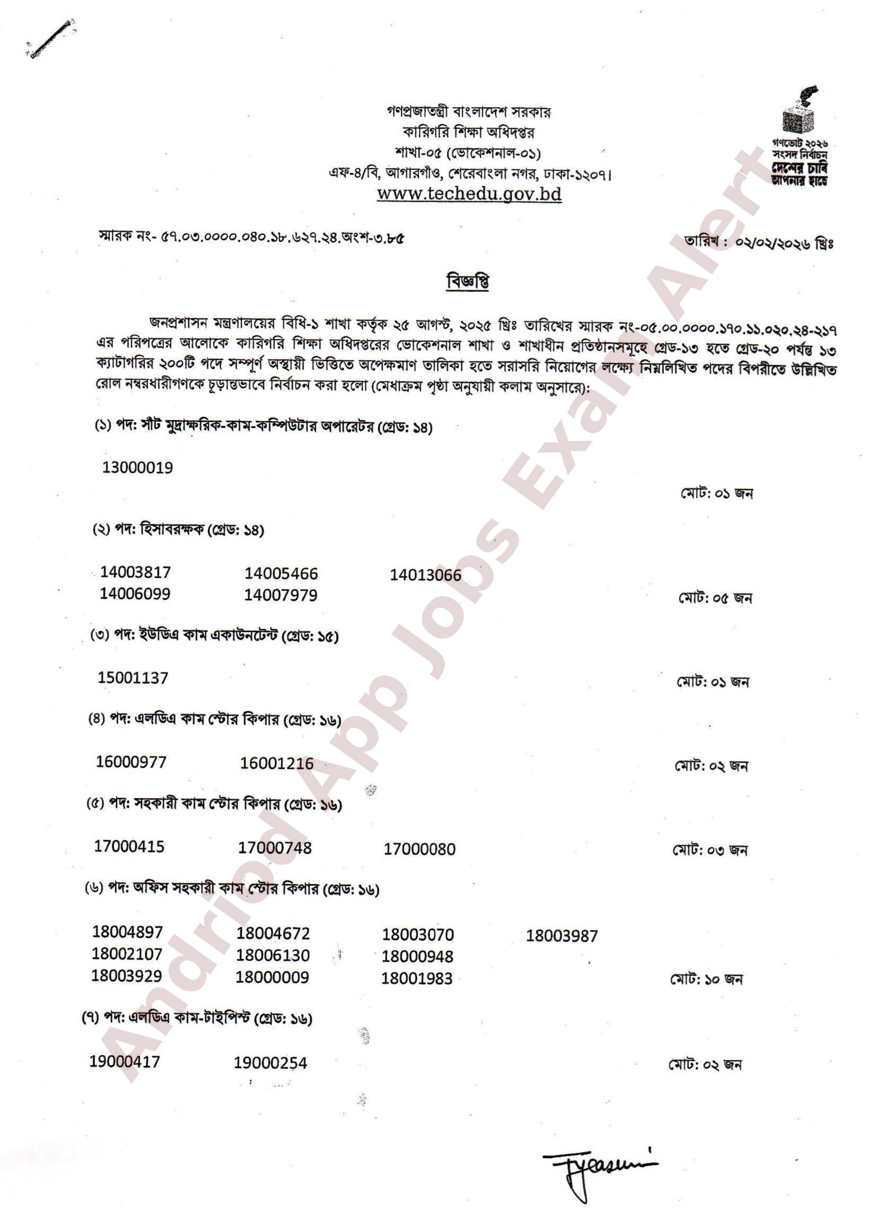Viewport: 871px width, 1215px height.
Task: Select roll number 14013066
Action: pos(425,575)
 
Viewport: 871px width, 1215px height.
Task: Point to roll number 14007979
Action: pos(280,595)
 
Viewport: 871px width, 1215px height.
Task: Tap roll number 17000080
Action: pos(419,849)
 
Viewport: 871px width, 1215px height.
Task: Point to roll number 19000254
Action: pos(270,1063)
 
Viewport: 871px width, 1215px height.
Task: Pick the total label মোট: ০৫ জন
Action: pos(714,598)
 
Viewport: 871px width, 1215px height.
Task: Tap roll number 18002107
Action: pos(127,954)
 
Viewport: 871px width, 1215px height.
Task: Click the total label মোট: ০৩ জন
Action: pos(710,850)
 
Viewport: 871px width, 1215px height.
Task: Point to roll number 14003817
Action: pos(135,572)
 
